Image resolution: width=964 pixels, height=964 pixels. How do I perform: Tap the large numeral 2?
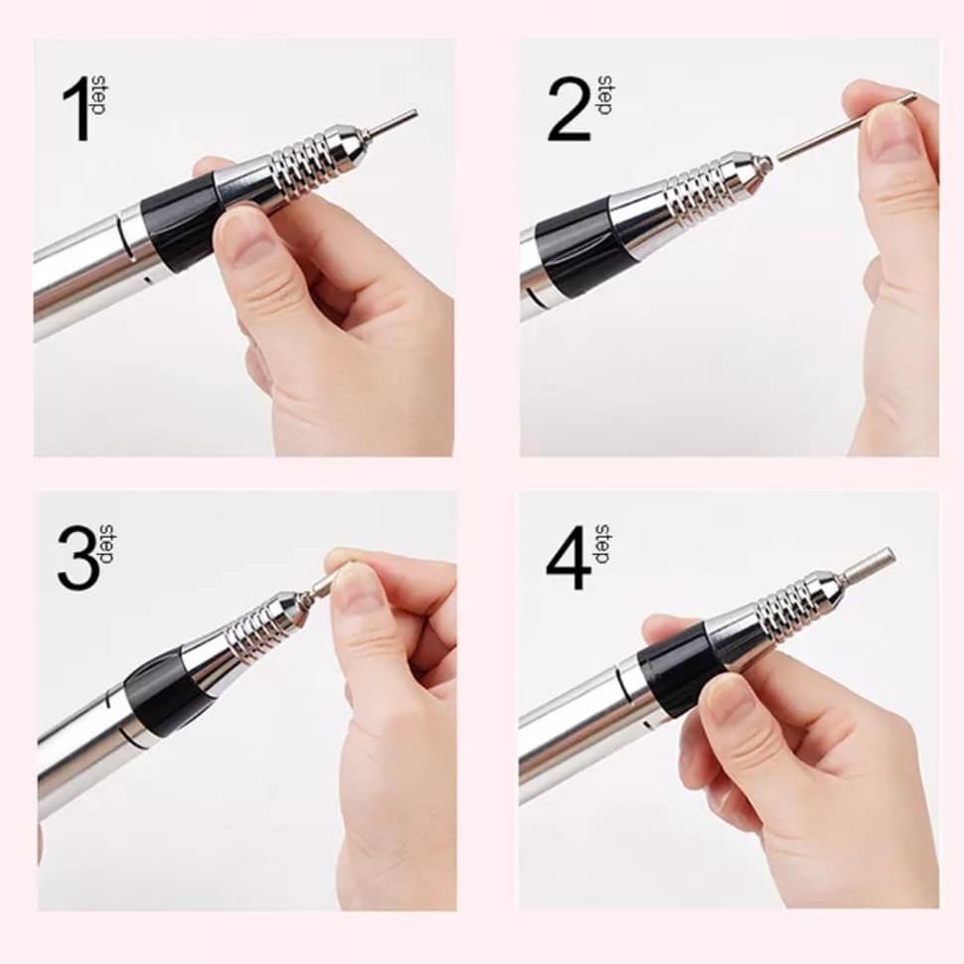pyautogui.click(x=568, y=109)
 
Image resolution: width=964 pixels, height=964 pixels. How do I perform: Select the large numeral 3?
pyautogui.click(x=78, y=558)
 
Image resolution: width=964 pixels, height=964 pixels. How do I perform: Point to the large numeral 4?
pyautogui.click(x=569, y=558)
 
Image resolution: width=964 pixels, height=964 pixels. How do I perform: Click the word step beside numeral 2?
pyautogui.click(x=603, y=95)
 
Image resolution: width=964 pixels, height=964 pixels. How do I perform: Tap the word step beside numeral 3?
pyautogui.click(x=105, y=544)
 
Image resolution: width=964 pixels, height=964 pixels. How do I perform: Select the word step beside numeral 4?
pyautogui.click(x=603, y=544)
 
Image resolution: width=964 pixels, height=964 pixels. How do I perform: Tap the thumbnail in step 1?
pyautogui.click(x=236, y=232)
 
